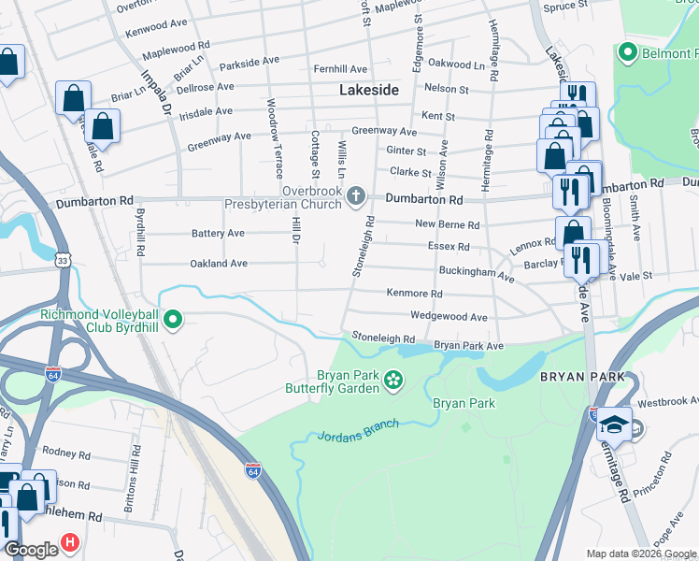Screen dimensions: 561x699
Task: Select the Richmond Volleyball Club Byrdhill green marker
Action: (x=172, y=322)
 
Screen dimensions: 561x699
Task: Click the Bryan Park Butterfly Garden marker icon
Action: (x=394, y=380)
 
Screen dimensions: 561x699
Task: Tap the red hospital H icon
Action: (x=70, y=542)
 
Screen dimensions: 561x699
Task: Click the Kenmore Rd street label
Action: (x=414, y=294)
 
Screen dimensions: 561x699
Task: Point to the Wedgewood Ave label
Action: (x=449, y=317)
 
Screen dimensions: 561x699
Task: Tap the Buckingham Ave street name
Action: (x=477, y=274)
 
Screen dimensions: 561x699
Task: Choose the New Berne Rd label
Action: (x=447, y=225)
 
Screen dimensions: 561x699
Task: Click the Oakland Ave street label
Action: (x=218, y=265)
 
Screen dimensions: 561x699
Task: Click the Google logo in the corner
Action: (x=31, y=550)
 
